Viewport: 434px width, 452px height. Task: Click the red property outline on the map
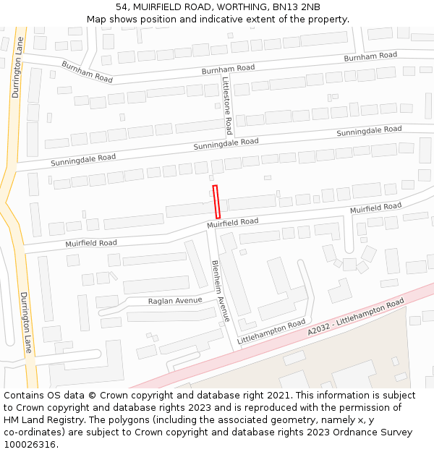pos(216,202)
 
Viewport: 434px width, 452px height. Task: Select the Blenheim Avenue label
pos(220,290)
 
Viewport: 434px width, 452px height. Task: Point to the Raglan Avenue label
pos(175,301)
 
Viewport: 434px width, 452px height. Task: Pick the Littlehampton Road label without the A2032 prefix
pos(271,332)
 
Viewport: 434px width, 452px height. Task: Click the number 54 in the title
pos(121,7)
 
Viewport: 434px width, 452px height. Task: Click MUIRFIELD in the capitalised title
pos(156,7)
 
